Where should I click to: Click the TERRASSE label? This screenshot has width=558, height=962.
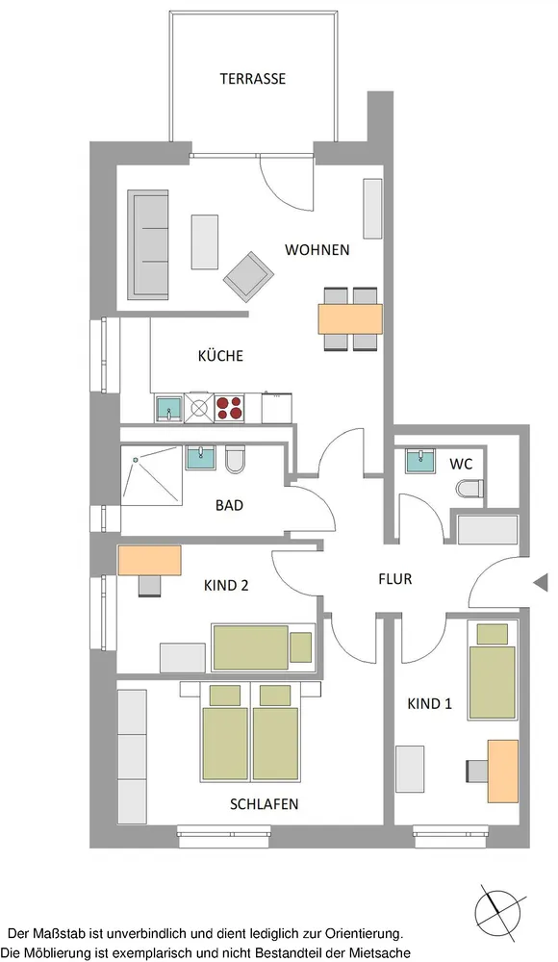253,79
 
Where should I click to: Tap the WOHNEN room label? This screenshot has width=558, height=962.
317,250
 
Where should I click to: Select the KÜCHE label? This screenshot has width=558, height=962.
220,355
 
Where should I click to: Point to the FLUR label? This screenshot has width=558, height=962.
394,578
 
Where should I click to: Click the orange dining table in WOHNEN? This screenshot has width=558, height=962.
350,319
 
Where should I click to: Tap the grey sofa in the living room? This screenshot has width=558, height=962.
148,244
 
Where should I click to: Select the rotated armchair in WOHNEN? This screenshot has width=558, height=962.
248,277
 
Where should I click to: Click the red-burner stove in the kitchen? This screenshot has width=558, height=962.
229,407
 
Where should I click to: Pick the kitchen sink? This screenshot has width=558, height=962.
168,409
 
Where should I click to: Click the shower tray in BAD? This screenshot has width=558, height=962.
152,475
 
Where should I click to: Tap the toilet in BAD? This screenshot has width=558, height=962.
235,460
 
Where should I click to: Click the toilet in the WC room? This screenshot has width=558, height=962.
470,489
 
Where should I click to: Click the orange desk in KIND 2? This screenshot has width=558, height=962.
150,561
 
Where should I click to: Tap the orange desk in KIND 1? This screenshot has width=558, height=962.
503,772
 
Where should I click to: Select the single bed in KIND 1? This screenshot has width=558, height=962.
493,670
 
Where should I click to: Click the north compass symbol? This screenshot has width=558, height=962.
500,912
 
